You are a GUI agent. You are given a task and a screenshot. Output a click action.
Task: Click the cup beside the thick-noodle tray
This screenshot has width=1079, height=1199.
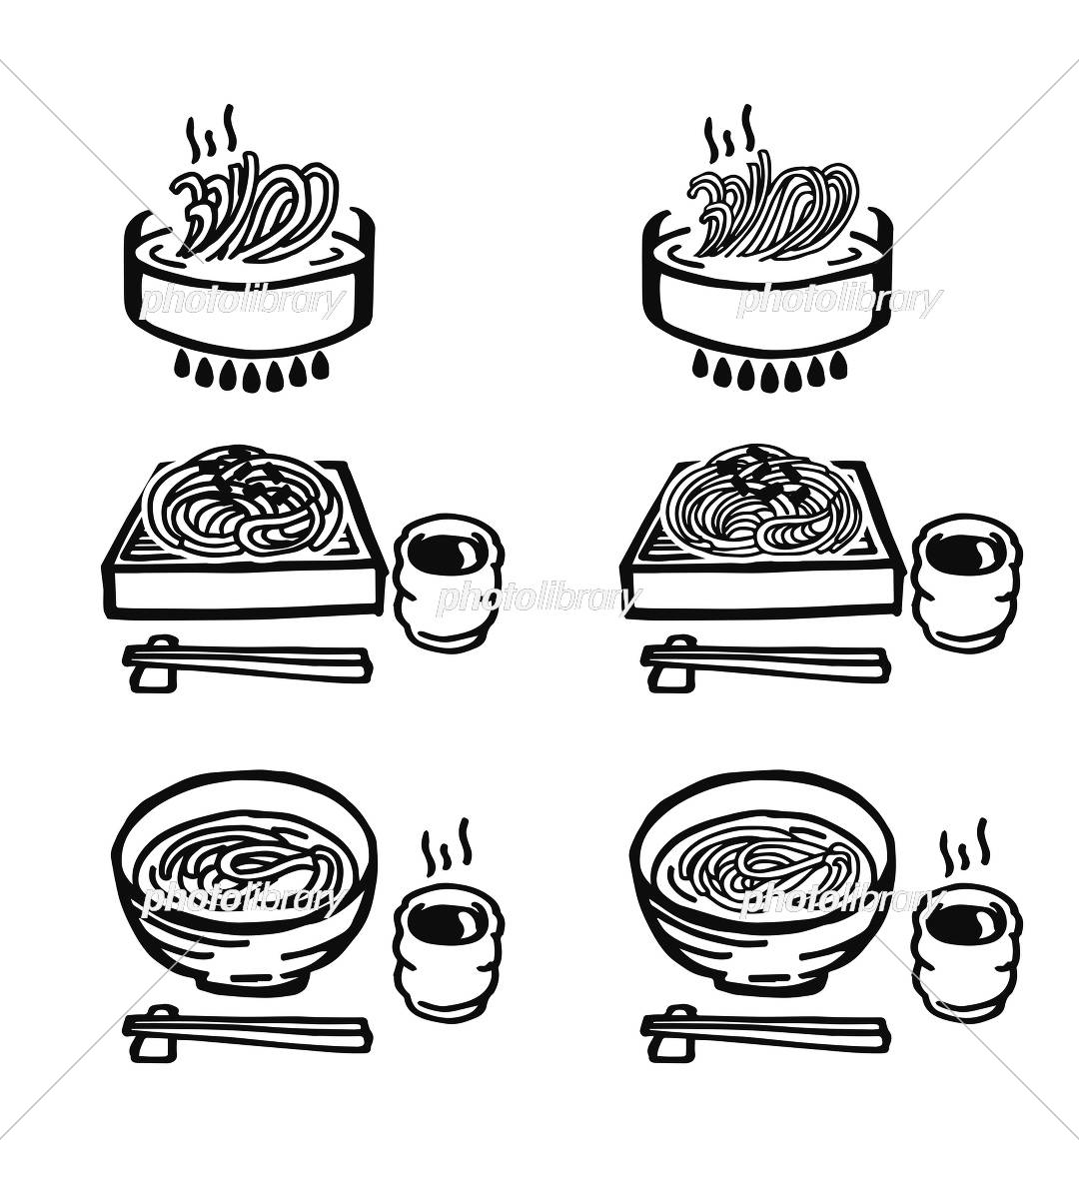point(449,583)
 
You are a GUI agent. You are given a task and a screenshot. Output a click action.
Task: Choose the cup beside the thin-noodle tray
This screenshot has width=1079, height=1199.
point(967,583)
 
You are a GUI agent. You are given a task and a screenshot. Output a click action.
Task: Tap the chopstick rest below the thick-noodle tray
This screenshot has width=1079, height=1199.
point(154,664)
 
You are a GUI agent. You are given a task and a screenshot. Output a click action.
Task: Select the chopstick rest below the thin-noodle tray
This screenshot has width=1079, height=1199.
point(673,664)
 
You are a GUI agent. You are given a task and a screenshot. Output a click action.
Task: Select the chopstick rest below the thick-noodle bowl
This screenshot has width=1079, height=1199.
point(154,1033)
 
